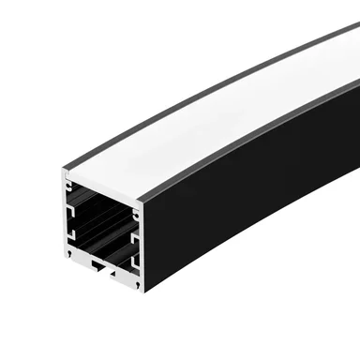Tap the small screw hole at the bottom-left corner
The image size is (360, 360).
(x=68, y=254)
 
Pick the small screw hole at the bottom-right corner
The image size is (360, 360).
(x=137, y=283)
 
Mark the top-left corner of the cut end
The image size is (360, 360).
(x=65, y=172)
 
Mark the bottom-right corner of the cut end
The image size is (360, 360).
(x=140, y=289)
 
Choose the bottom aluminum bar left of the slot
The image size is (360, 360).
(x=82, y=264)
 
